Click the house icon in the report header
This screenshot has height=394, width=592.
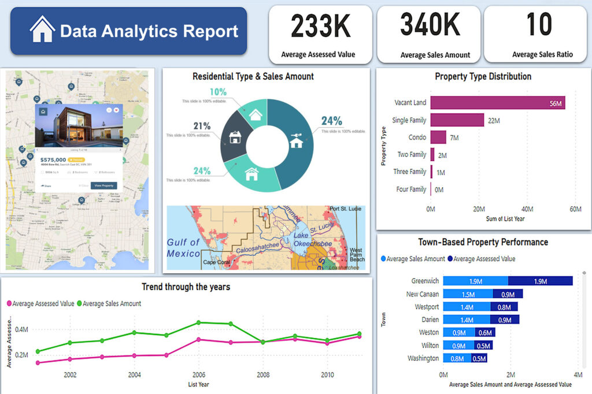click(42, 29)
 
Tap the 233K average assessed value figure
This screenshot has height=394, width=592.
click(318, 26)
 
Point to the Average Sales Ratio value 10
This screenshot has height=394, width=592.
click(539, 25)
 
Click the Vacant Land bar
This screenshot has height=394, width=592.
click(497, 103)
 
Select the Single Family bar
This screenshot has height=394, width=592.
click(457, 120)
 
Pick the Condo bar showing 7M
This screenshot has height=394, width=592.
click(438, 137)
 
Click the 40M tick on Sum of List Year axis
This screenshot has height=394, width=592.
click(527, 209)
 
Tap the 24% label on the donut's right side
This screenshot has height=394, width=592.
click(331, 121)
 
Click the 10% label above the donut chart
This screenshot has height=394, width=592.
click(218, 92)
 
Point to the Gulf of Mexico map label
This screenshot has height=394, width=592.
click(183, 248)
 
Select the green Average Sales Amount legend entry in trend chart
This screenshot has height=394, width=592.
click(109, 303)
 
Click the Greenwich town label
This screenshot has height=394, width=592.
click(425, 281)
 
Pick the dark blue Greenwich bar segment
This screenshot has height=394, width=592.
click(540, 281)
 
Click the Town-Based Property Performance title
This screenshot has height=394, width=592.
click(483, 242)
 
